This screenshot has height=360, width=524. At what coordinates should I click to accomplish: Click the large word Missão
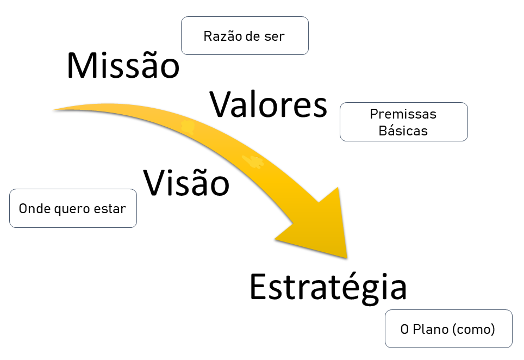click(x=122, y=66)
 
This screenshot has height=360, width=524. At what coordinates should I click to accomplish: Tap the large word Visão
click(x=186, y=182)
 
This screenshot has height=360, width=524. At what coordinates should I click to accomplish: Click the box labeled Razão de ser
click(x=245, y=36)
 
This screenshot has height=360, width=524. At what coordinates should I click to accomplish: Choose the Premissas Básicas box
click(x=403, y=122)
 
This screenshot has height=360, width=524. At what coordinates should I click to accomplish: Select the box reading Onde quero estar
click(x=73, y=208)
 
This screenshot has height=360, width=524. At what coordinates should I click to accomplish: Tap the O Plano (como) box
click(x=448, y=329)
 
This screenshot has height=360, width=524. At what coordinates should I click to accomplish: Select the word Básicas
click(x=403, y=131)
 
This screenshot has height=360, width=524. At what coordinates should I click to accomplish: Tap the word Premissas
click(x=403, y=114)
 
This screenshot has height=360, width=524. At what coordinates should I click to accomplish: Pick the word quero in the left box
click(x=65, y=209)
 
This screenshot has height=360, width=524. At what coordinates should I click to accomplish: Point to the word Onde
click(x=31, y=208)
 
